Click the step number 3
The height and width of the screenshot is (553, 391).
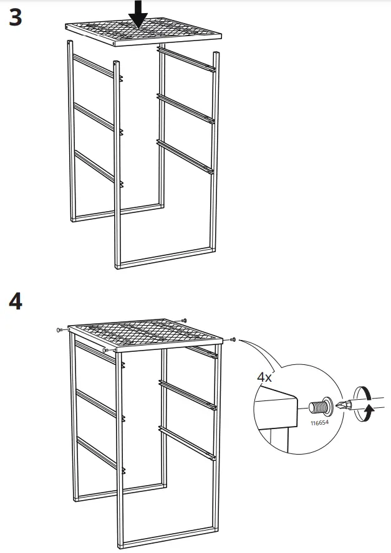(16, 17)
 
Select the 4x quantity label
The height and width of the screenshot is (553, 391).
(265, 377)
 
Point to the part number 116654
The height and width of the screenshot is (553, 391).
(319, 423)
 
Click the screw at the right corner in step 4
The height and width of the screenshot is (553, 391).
(233, 339)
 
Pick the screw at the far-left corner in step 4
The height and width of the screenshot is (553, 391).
(58, 329)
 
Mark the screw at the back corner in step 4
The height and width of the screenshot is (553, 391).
(184, 319)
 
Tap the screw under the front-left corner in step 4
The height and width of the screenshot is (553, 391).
(107, 351)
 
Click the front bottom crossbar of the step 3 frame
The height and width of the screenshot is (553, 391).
(167, 258)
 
